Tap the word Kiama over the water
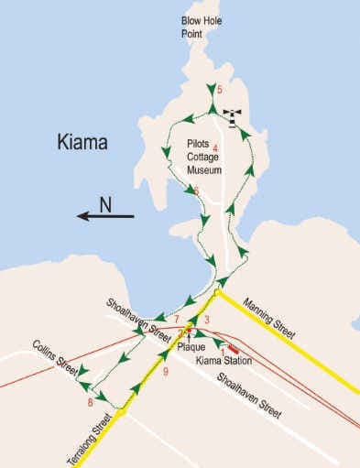click(x=82, y=144)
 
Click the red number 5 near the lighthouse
click(x=220, y=89)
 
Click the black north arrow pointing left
click(x=104, y=217)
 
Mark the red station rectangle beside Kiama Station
click(x=234, y=347)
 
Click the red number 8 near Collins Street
click(x=90, y=403)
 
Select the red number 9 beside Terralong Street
click(x=166, y=372)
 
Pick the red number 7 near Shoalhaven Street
click(x=176, y=318)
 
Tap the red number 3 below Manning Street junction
click(x=208, y=319)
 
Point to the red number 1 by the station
click(x=223, y=349)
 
